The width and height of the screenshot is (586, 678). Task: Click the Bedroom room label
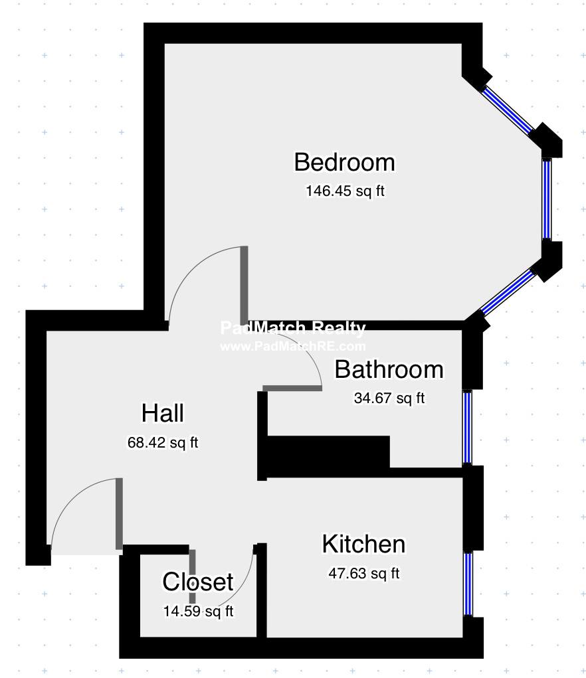pos(344,162)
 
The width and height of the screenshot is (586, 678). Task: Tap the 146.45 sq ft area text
pos(345,191)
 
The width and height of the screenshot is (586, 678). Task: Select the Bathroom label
pos(389,370)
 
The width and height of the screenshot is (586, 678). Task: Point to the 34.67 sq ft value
pos(389,398)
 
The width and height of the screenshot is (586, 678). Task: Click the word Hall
pos(163,413)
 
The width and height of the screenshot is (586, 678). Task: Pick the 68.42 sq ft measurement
pos(163,442)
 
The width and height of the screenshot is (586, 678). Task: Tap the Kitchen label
pos(363,544)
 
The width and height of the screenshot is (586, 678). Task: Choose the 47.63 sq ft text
pos(363,573)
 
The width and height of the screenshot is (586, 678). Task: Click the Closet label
pos(198,582)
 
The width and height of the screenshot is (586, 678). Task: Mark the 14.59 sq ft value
pos(198,611)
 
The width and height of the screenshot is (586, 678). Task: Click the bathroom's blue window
pos(468,427)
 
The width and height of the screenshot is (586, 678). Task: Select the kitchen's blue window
pos(468,584)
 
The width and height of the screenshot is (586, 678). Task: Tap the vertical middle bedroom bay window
pos(547,199)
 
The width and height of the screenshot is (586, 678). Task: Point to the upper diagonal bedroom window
pos(508,109)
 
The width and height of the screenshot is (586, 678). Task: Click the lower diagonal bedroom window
pos(508,292)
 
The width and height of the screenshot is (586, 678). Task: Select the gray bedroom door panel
pos(244,284)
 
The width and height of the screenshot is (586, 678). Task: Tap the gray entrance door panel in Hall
pos(119,514)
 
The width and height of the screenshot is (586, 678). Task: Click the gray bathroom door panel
pos(292,388)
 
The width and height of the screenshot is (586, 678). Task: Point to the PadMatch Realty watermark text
pos(293,328)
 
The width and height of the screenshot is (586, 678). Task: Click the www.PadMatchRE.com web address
pos(293,347)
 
